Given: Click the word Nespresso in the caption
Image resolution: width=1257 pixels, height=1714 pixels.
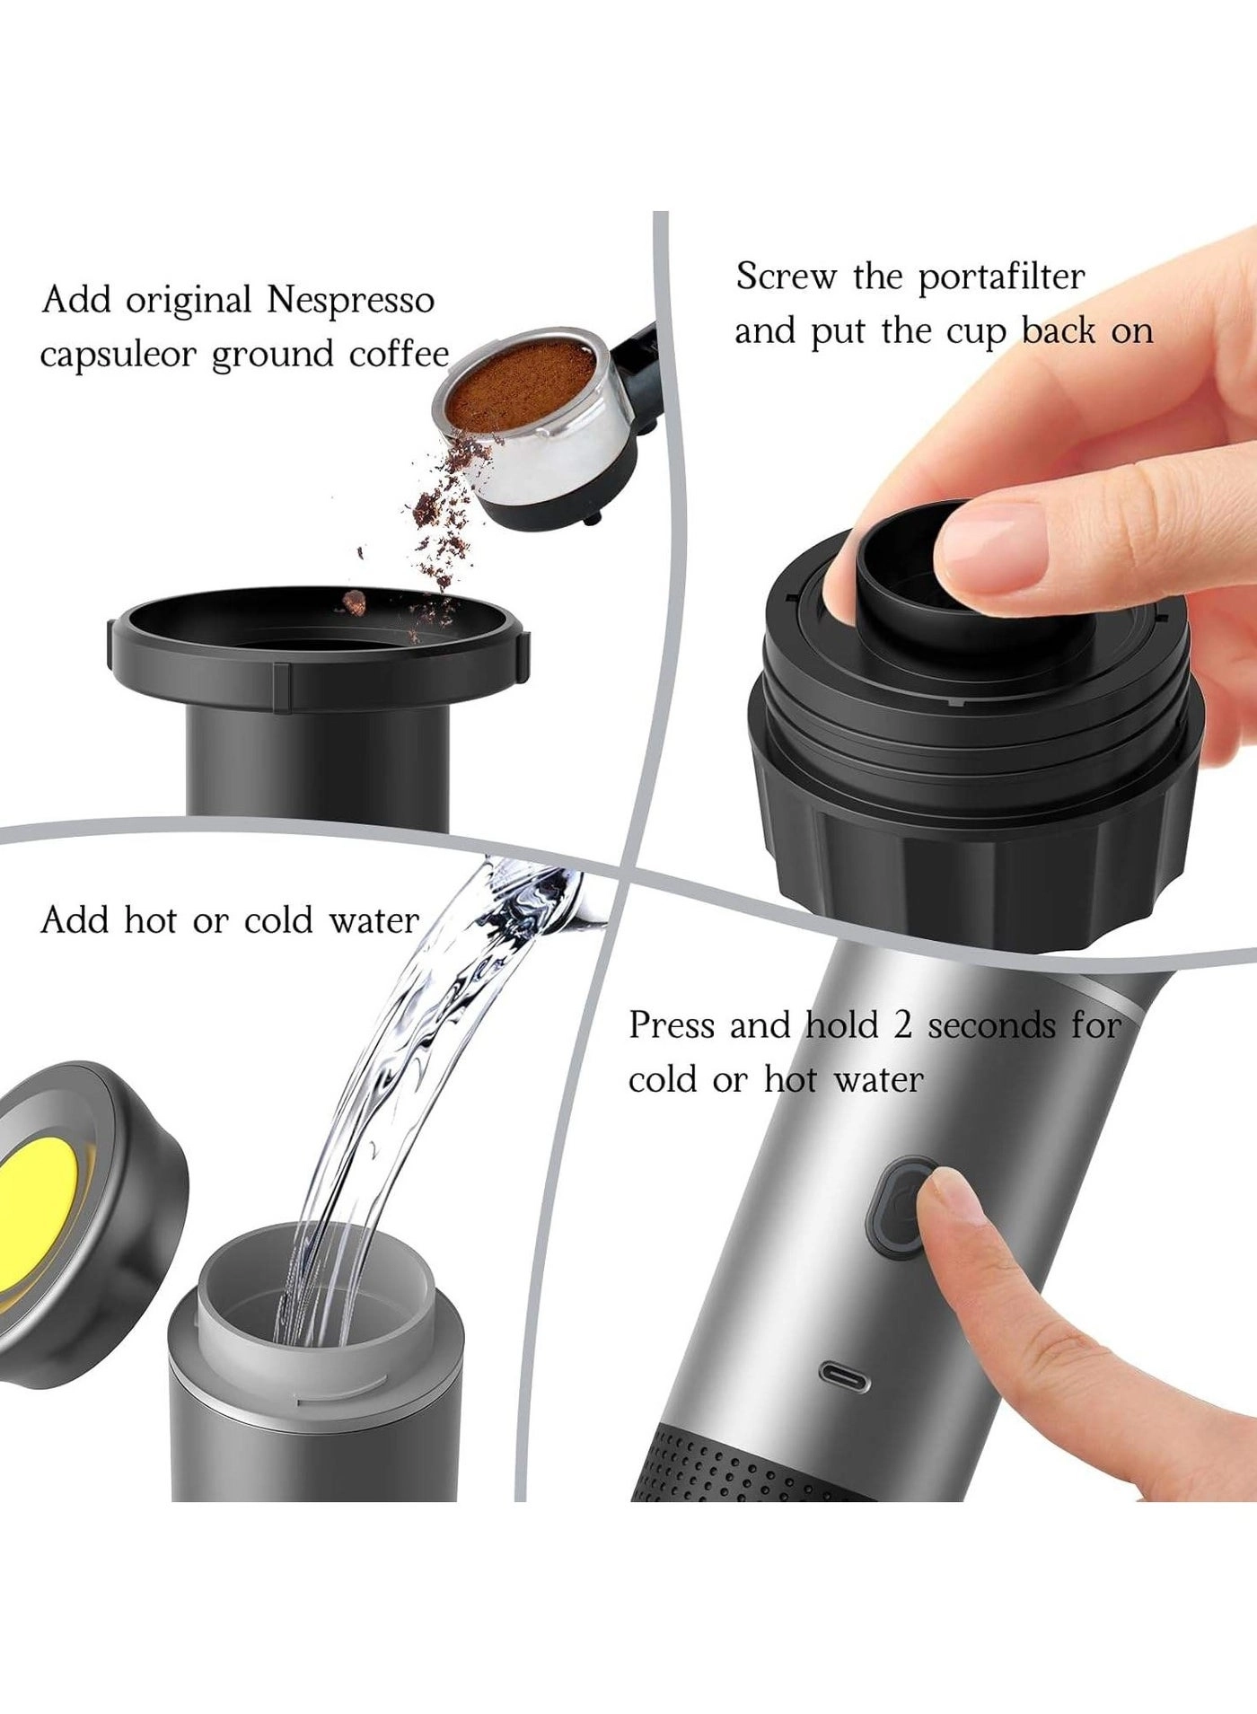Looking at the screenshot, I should coord(350,301).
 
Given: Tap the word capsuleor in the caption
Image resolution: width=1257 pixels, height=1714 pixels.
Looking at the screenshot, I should coord(117,356).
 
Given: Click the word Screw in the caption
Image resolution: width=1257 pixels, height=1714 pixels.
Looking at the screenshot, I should coord(786,277).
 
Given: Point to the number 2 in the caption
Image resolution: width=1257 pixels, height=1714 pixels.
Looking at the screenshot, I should coord(901,1025).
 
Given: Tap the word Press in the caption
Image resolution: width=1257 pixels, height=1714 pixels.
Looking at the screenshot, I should coord(672,1025).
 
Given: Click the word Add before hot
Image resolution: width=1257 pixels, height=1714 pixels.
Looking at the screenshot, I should coord(75,921).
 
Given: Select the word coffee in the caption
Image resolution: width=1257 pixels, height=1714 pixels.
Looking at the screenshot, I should coord(399,354).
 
